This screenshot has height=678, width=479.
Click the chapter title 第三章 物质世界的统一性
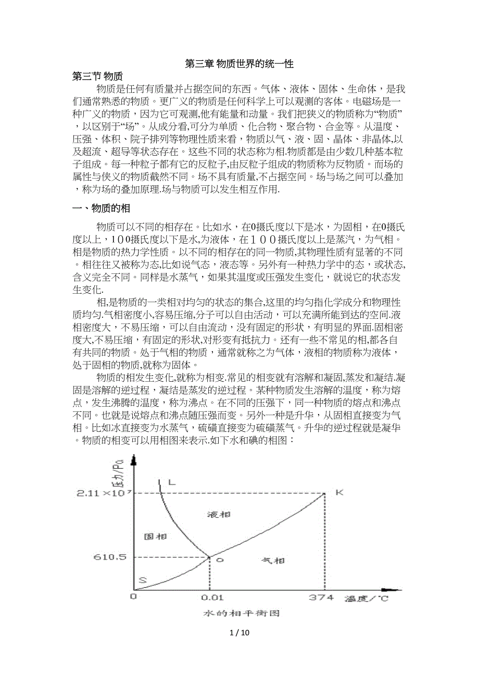[240, 64]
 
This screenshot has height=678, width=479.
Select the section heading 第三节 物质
[97, 77]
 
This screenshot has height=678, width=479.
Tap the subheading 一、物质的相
[101, 208]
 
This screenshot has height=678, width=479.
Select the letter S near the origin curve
[142, 580]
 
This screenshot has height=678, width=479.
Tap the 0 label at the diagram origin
[133, 597]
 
